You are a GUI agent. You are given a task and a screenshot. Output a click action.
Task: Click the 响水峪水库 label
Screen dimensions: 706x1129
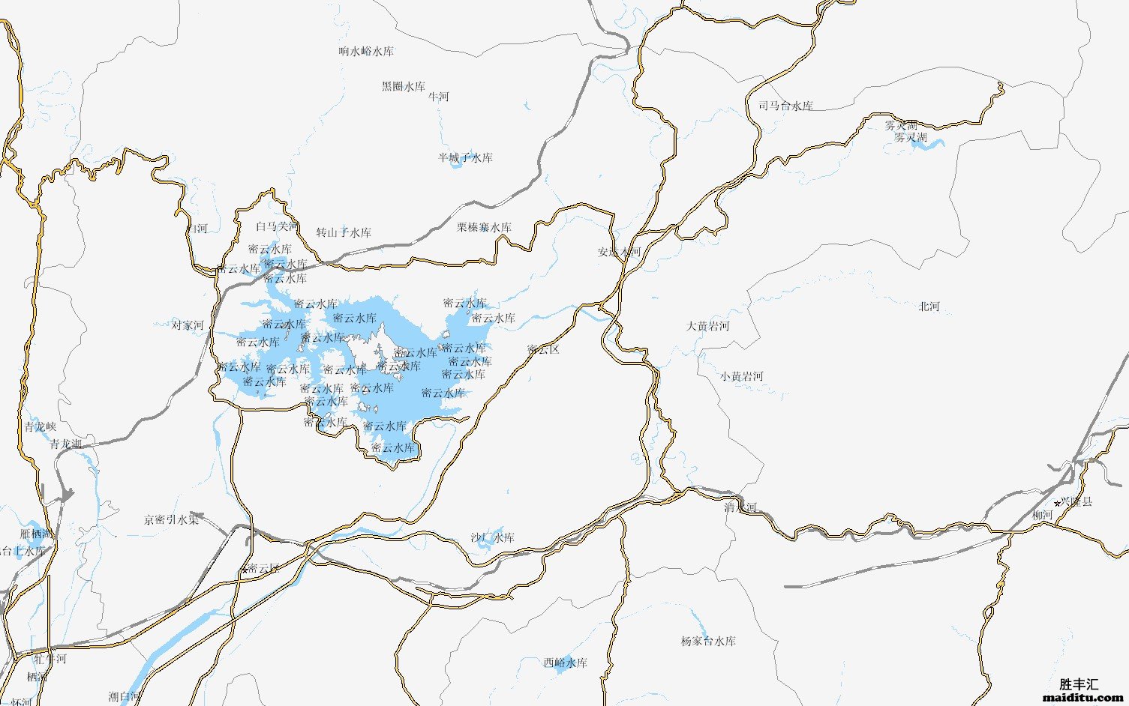click(366, 52)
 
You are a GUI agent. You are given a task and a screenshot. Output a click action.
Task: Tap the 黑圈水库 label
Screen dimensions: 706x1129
click(403, 87)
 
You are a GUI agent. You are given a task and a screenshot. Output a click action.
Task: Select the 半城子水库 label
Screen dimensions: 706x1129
click(465, 158)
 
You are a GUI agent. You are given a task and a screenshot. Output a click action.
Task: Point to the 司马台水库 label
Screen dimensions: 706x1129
click(785, 106)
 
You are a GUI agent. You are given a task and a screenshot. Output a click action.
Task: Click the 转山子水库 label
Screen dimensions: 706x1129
click(344, 233)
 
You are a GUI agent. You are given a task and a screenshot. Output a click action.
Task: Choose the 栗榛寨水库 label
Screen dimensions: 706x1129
click(484, 228)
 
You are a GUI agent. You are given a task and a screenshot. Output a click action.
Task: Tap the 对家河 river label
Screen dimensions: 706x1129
click(188, 325)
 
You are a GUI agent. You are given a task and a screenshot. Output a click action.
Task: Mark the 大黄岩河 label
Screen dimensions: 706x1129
click(707, 327)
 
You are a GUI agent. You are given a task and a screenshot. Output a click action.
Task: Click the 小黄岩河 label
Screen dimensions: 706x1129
click(741, 376)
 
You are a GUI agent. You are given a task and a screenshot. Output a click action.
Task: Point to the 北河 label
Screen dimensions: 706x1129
click(929, 307)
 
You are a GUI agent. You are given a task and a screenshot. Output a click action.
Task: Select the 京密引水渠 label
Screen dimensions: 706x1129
click(172, 519)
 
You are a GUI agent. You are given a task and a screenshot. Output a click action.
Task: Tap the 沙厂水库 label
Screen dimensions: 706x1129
click(492, 538)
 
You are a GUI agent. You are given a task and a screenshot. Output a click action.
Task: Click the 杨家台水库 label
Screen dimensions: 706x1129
click(708, 642)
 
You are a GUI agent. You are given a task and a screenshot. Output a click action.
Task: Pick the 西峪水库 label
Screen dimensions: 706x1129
click(565, 663)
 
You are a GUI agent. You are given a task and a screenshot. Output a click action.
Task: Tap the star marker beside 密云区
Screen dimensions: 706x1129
click(245, 570)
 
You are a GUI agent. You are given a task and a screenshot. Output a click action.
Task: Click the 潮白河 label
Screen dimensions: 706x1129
click(124, 697)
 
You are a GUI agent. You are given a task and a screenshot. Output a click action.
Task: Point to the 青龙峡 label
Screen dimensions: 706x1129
click(40, 427)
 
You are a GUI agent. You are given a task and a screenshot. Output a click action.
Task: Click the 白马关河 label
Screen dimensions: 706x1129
click(276, 226)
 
